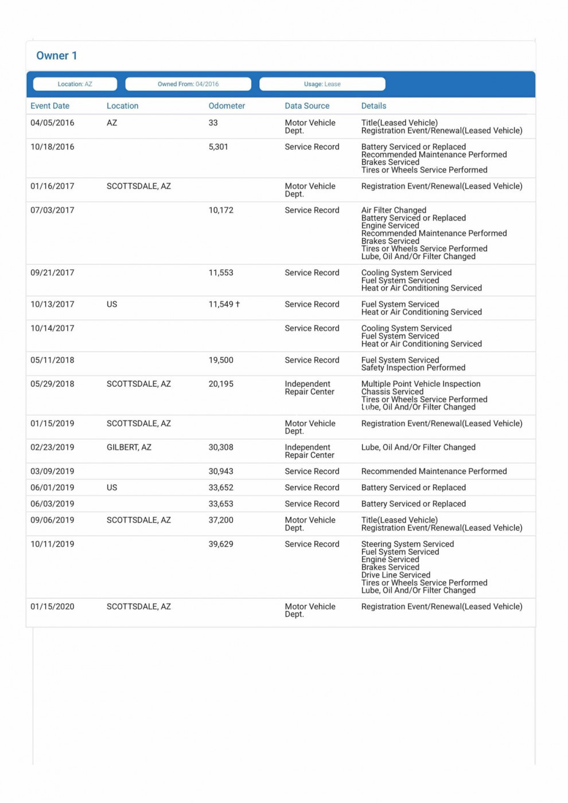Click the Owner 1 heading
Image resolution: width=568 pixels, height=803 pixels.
coord(56,56)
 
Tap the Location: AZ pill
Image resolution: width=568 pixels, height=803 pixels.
coord(75,84)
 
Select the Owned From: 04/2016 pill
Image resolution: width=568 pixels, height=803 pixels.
coord(188,84)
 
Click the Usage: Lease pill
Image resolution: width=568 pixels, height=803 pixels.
coord(322,84)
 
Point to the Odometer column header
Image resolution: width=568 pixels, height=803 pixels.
coord(227,106)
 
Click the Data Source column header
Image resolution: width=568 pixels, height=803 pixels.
coord(307,106)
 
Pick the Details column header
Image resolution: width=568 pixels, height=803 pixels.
coord(374,106)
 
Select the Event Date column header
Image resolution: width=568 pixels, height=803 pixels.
coord(50,106)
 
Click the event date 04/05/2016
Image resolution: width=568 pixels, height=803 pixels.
coord(52,123)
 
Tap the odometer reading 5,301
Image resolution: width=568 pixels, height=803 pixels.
coord(218,147)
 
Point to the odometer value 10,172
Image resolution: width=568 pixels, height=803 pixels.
coord(221,211)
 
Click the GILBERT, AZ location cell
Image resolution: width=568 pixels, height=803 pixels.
coord(129,447)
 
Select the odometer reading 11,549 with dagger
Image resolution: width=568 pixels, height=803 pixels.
coord(224,305)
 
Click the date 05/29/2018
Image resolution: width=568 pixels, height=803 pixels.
coord(52,384)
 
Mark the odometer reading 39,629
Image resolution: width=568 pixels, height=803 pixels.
coord(221,544)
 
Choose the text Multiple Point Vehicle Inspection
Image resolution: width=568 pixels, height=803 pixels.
coord(421,384)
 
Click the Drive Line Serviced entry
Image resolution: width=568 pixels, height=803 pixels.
coord(395,575)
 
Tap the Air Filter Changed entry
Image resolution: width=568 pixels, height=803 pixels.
coord(394,211)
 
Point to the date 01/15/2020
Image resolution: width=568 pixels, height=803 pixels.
coord(52,607)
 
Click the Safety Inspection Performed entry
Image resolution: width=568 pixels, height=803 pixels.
coord(413,368)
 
